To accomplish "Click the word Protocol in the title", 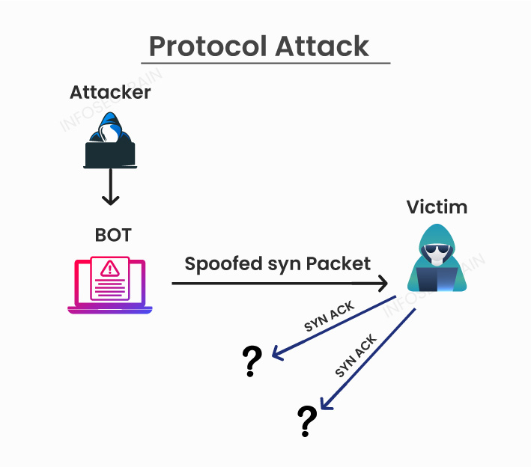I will pyautogui.click(x=208, y=46).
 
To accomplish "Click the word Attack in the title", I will pyautogui.click(x=323, y=46).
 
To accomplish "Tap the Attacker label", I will pyautogui.click(x=110, y=92).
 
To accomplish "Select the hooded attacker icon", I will pyautogui.click(x=110, y=138).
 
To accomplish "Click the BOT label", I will pyautogui.click(x=113, y=235).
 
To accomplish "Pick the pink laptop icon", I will pyautogui.click(x=110, y=284).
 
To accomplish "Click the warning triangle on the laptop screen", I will pyautogui.click(x=111, y=268).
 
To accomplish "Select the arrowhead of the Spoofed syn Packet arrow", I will pyautogui.click(x=382, y=284).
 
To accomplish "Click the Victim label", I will pyautogui.click(x=437, y=207).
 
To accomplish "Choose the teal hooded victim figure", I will pyautogui.click(x=437, y=258).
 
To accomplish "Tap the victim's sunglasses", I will pyautogui.click(x=436, y=251).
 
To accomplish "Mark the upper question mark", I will pyautogui.click(x=252, y=361).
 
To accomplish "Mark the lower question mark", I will pyautogui.click(x=307, y=420).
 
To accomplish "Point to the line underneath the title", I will pyautogui.click(x=266, y=64).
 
